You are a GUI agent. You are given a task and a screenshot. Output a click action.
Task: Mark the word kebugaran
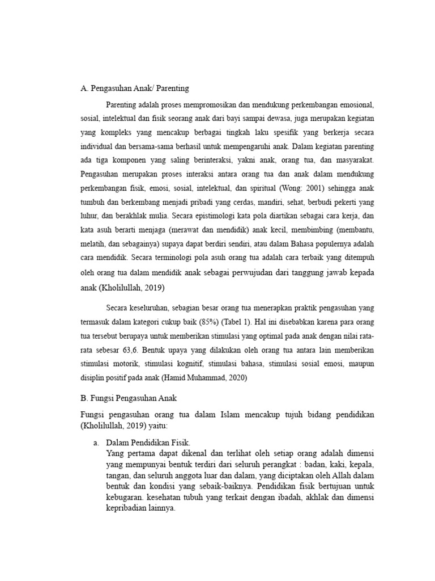coord(123,498)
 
